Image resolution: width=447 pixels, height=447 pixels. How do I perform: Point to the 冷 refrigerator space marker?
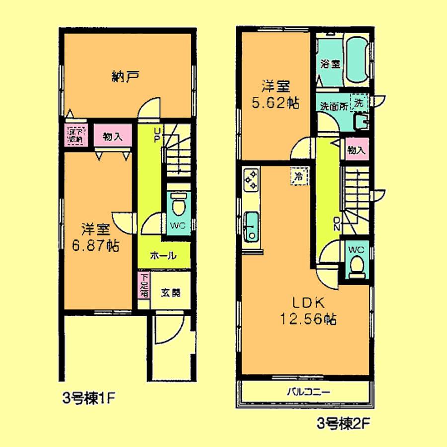299,176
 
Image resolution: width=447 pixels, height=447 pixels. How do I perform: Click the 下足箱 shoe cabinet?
143,285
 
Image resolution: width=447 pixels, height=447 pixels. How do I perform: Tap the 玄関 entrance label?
170,293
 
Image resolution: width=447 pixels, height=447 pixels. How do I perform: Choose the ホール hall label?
163,256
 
